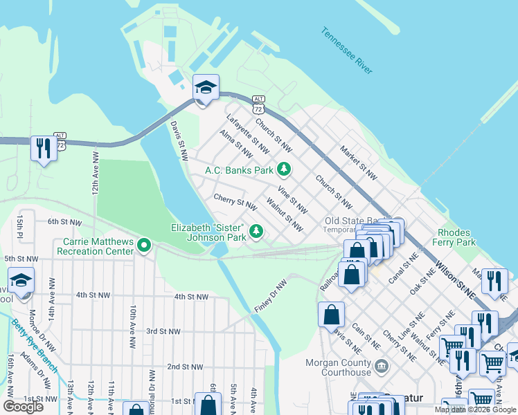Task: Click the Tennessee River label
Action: [x=347, y=50]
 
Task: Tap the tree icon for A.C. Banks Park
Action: [x=283, y=169]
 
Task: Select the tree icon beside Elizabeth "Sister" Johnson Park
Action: [x=256, y=231]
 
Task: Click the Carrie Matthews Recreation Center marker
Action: [x=144, y=245]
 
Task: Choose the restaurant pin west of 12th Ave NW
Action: [x=44, y=148]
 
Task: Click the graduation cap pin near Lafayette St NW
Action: [x=206, y=88]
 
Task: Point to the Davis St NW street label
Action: [x=179, y=140]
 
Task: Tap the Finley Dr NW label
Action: [x=270, y=295]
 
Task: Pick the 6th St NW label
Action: [x=64, y=222]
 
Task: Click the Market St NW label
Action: [x=359, y=163]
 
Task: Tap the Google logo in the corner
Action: [x=23, y=407]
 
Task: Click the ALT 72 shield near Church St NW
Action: [x=258, y=106]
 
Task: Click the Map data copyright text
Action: [x=474, y=409]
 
